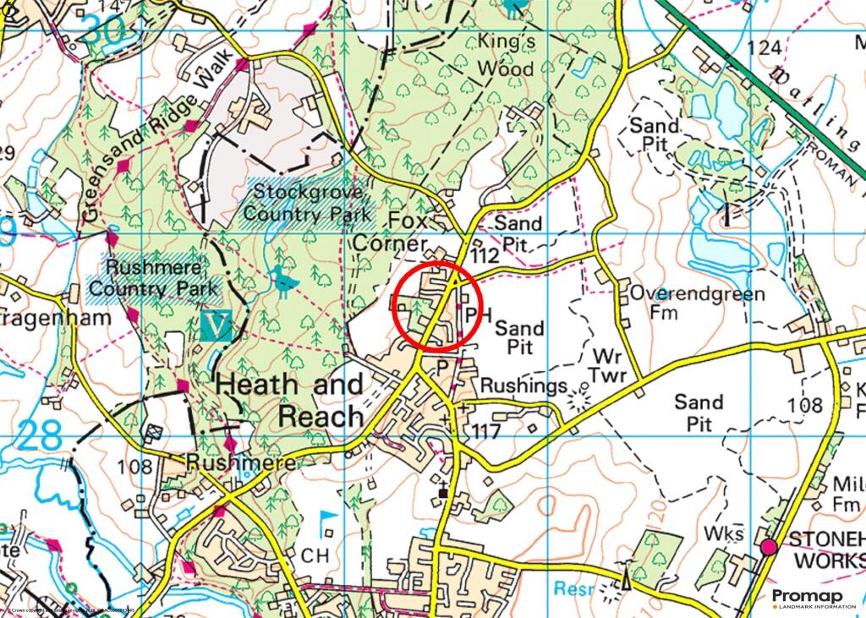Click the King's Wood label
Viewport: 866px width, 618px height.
[506, 54]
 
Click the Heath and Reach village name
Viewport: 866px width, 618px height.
[290, 400]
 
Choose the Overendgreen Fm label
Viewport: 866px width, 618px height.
[697, 304]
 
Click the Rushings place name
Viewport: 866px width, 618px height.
[523, 386]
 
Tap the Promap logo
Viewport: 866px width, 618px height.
[807, 599]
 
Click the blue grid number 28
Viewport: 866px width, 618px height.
[39, 436]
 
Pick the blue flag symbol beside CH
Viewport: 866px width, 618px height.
[328, 519]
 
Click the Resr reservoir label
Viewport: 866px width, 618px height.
[574, 588]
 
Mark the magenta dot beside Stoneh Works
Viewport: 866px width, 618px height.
[768, 547]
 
